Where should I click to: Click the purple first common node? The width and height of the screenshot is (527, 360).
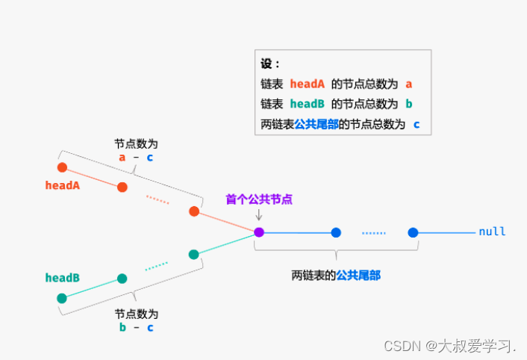point(259,232)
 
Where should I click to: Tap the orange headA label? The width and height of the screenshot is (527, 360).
point(63,185)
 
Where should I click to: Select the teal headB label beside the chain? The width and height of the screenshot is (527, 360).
point(62,278)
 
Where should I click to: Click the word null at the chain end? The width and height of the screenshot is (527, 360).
point(493,232)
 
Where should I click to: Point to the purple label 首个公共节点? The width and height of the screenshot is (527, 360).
point(259,199)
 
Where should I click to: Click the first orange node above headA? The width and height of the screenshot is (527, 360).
point(62,167)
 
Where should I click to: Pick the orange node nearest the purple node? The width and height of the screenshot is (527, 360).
point(194,211)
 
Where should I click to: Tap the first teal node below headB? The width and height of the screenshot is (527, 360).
point(62,298)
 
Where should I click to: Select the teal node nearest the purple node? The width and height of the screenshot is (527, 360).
point(194,255)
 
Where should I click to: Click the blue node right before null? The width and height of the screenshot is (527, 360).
point(413,232)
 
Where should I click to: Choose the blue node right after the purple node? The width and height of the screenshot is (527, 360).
point(336,232)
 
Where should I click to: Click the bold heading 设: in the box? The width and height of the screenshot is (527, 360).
point(269,64)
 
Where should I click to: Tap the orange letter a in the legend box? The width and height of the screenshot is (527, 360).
point(409,84)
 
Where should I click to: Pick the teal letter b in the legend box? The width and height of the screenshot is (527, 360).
point(409,104)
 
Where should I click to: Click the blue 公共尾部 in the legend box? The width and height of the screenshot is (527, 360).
point(316,124)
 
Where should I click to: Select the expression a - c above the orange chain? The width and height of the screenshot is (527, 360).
point(136,158)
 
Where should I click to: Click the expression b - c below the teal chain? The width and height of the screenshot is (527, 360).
point(136,327)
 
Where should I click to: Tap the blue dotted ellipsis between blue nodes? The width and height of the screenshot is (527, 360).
point(374,233)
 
